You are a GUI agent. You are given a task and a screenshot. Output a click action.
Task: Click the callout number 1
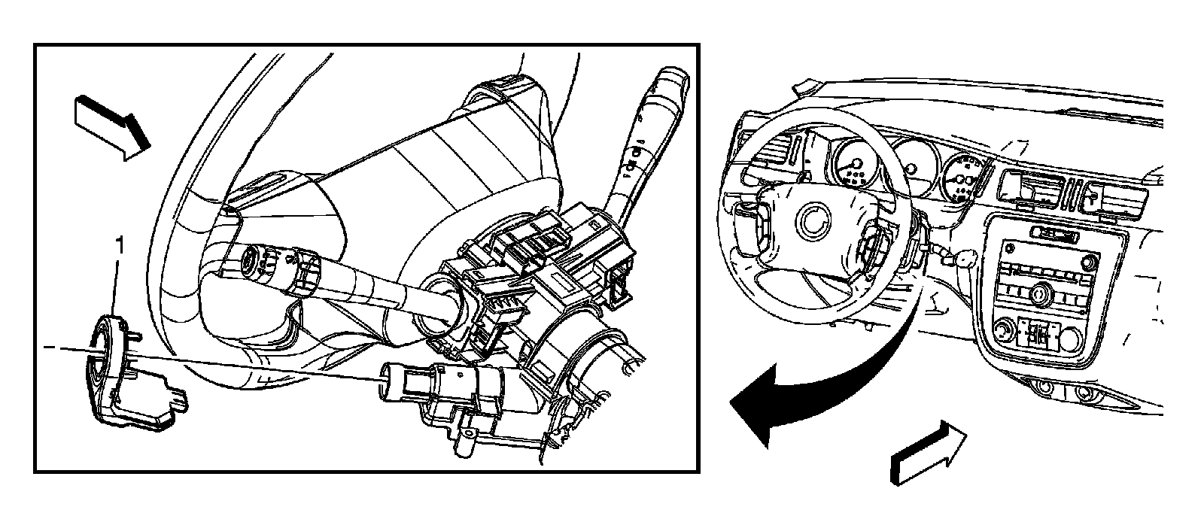[x=120, y=246]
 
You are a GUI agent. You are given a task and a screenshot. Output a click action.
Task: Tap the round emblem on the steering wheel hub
[x=813, y=223]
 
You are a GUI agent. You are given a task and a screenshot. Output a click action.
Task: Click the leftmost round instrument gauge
[x=855, y=164]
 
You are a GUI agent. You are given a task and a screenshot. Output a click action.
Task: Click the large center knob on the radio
[x=1038, y=293]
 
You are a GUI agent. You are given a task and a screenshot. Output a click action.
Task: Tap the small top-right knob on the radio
[x=1089, y=263]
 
